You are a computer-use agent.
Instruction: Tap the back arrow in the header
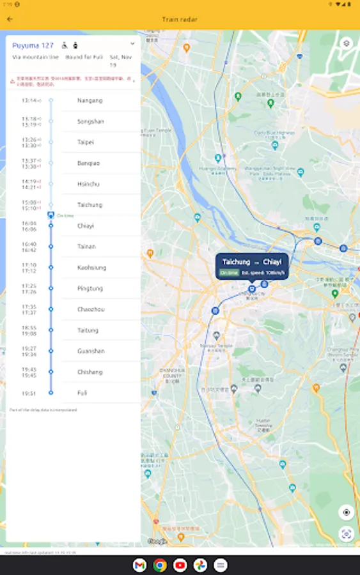coord(10,19)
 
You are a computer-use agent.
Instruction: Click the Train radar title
coord(180,19)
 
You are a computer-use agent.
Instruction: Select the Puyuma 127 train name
coord(33,45)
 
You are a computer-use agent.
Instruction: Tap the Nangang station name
coord(90,101)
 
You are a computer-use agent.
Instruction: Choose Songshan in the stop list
coord(90,121)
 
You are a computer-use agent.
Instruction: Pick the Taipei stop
coord(86,142)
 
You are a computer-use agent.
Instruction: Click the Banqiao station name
coord(89,164)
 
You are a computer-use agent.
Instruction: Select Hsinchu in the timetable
coord(88,184)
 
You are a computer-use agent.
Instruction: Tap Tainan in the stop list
coord(87,247)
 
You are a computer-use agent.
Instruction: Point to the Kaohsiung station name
coord(91,268)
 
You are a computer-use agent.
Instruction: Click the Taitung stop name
coord(88,330)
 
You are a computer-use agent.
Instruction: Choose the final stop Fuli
coord(82,393)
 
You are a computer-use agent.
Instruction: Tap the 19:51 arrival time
coord(29,394)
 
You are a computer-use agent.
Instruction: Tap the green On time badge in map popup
coord(229,273)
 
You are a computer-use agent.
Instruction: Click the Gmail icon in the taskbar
coord(139,565)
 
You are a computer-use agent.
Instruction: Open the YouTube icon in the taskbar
coord(180,565)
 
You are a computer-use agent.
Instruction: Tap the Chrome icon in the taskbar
coord(160,565)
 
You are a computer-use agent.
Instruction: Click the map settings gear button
coord(346,43)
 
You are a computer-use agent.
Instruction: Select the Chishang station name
coord(90,372)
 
